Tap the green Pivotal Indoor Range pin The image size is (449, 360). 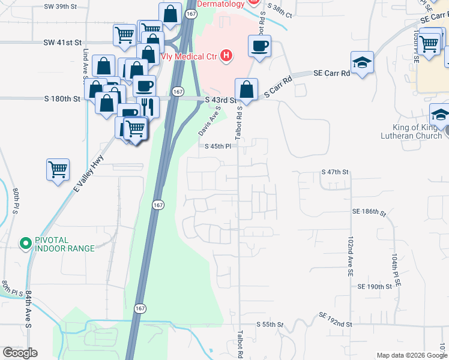[x=25, y=244]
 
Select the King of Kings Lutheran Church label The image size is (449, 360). [x=411, y=131]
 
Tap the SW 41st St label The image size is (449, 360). [x=62, y=43]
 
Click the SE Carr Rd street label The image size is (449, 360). [x=331, y=73]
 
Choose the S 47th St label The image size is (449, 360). [x=335, y=172]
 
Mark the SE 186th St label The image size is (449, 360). [x=369, y=212]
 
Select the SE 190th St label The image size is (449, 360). [x=375, y=287]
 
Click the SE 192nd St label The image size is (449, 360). [x=335, y=319]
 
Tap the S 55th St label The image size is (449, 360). [x=269, y=324]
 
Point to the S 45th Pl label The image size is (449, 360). [x=218, y=146]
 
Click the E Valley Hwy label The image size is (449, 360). [x=89, y=174]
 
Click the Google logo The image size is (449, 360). [x=20, y=353]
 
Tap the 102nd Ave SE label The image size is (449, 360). [x=350, y=255]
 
